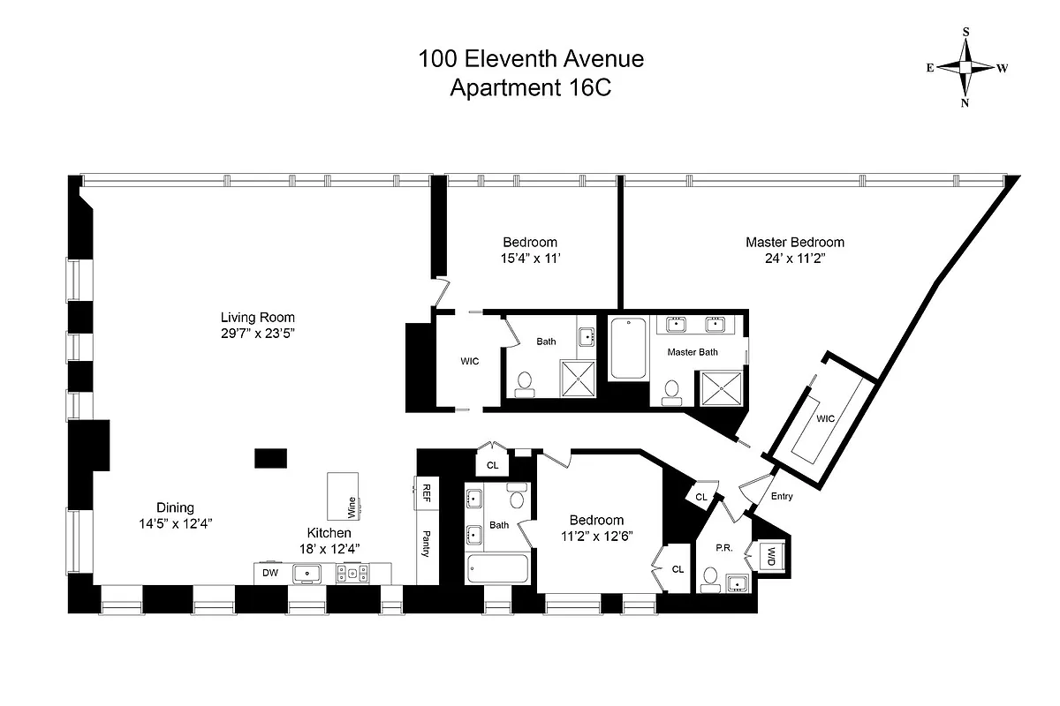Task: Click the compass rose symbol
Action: tap(965, 67)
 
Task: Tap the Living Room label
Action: tap(258, 318)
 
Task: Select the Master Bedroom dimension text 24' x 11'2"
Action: tap(794, 259)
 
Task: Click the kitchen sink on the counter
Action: tap(308, 574)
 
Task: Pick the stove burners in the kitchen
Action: tap(352, 574)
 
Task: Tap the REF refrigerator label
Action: tap(427, 492)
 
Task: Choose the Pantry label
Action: tap(427, 541)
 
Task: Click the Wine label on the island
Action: tap(352, 507)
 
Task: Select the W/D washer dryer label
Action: tap(770, 557)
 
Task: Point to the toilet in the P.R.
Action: tap(709, 578)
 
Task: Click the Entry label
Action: tap(781, 496)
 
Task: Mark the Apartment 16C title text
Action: tap(531, 88)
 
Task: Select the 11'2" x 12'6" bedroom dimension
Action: tap(596, 536)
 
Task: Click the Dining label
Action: tap(175, 507)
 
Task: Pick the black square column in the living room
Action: tap(270, 458)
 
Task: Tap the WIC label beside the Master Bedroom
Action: tap(826, 417)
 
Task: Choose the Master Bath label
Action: tap(693, 352)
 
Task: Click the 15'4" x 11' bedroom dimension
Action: tap(530, 259)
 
